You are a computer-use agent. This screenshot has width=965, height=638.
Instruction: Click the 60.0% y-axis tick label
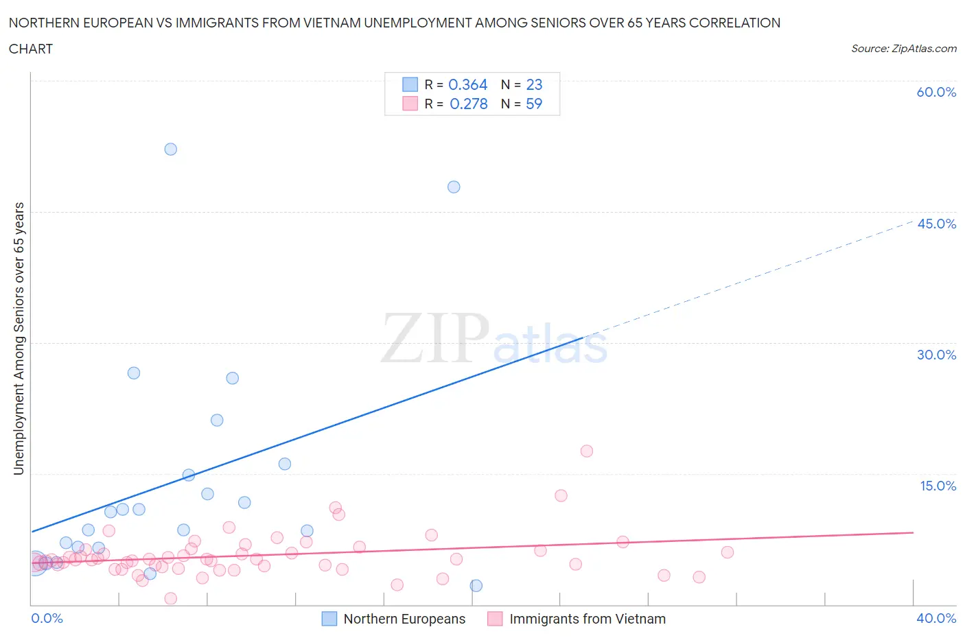coord(936,92)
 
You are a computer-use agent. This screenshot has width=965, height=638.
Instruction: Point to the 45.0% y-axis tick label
coord(936,224)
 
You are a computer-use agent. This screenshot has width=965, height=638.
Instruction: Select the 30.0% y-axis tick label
coord(936,355)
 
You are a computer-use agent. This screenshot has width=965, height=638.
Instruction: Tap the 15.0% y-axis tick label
coord(938,486)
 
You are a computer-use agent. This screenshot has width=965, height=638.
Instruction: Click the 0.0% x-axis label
coord(47,618)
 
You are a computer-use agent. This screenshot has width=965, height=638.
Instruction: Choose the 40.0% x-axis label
coord(936,618)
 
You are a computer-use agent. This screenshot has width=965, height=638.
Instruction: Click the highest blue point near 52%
coord(171,149)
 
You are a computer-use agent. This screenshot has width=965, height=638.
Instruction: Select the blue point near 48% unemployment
coord(454,187)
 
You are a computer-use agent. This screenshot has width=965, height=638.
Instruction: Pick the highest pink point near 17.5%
coord(587,451)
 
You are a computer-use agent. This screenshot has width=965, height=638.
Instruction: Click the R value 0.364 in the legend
coord(467,84)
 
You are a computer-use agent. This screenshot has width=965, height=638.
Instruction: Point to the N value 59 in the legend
coord(534,104)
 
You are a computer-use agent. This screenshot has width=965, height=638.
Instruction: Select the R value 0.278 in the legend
coord(469,104)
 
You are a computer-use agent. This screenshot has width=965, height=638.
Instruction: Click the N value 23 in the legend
coord(534,84)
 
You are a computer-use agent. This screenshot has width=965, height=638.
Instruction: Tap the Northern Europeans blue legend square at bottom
coord(329,619)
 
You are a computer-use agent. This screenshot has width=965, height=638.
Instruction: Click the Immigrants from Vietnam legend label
coord(588,619)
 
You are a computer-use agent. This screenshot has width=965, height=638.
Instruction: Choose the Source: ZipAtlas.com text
coord(903,49)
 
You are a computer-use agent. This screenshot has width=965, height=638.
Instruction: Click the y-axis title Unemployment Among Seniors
coord(19,338)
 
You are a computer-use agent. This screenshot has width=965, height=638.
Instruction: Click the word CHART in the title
coord(31,49)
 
